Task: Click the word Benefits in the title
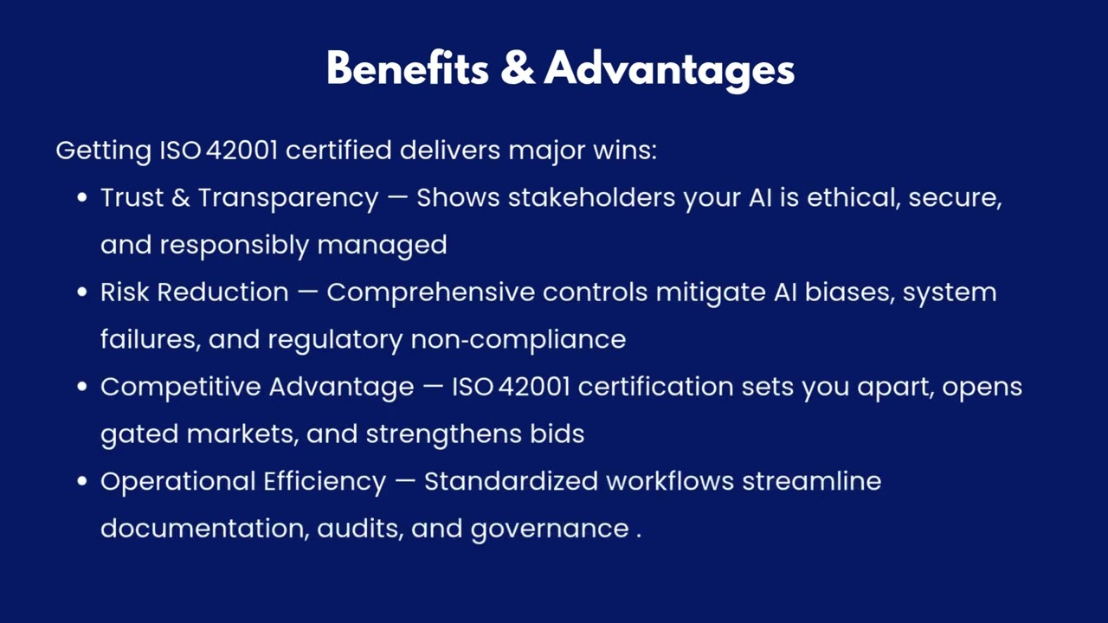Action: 407,67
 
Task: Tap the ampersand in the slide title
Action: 517,67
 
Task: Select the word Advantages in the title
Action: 669,69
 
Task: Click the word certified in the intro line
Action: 338,151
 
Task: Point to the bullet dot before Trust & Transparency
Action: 82,198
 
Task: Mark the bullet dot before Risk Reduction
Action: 82,292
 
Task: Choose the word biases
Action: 849,292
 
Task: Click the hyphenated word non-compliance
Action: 518,339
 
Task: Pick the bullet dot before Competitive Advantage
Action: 82,387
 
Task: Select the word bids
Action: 557,434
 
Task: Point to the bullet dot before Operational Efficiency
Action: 82,481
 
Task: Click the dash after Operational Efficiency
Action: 404,482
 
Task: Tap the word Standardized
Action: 511,481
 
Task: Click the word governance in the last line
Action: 549,529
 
